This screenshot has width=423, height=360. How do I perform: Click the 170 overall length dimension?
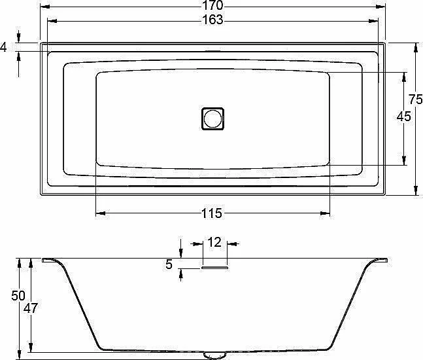(213, 5)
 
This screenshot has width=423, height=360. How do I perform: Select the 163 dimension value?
(213, 20)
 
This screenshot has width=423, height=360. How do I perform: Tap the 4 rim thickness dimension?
(3, 47)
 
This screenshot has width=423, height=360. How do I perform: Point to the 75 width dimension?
(415, 99)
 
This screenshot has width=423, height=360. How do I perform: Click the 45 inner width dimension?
(404, 117)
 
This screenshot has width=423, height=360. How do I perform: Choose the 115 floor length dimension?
(212, 213)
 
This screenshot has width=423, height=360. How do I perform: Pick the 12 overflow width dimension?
(214, 242)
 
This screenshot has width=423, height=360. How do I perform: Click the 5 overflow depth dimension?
(169, 264)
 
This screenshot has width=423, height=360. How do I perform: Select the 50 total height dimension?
(18, 296)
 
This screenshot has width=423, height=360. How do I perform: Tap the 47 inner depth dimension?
(31, 308)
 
